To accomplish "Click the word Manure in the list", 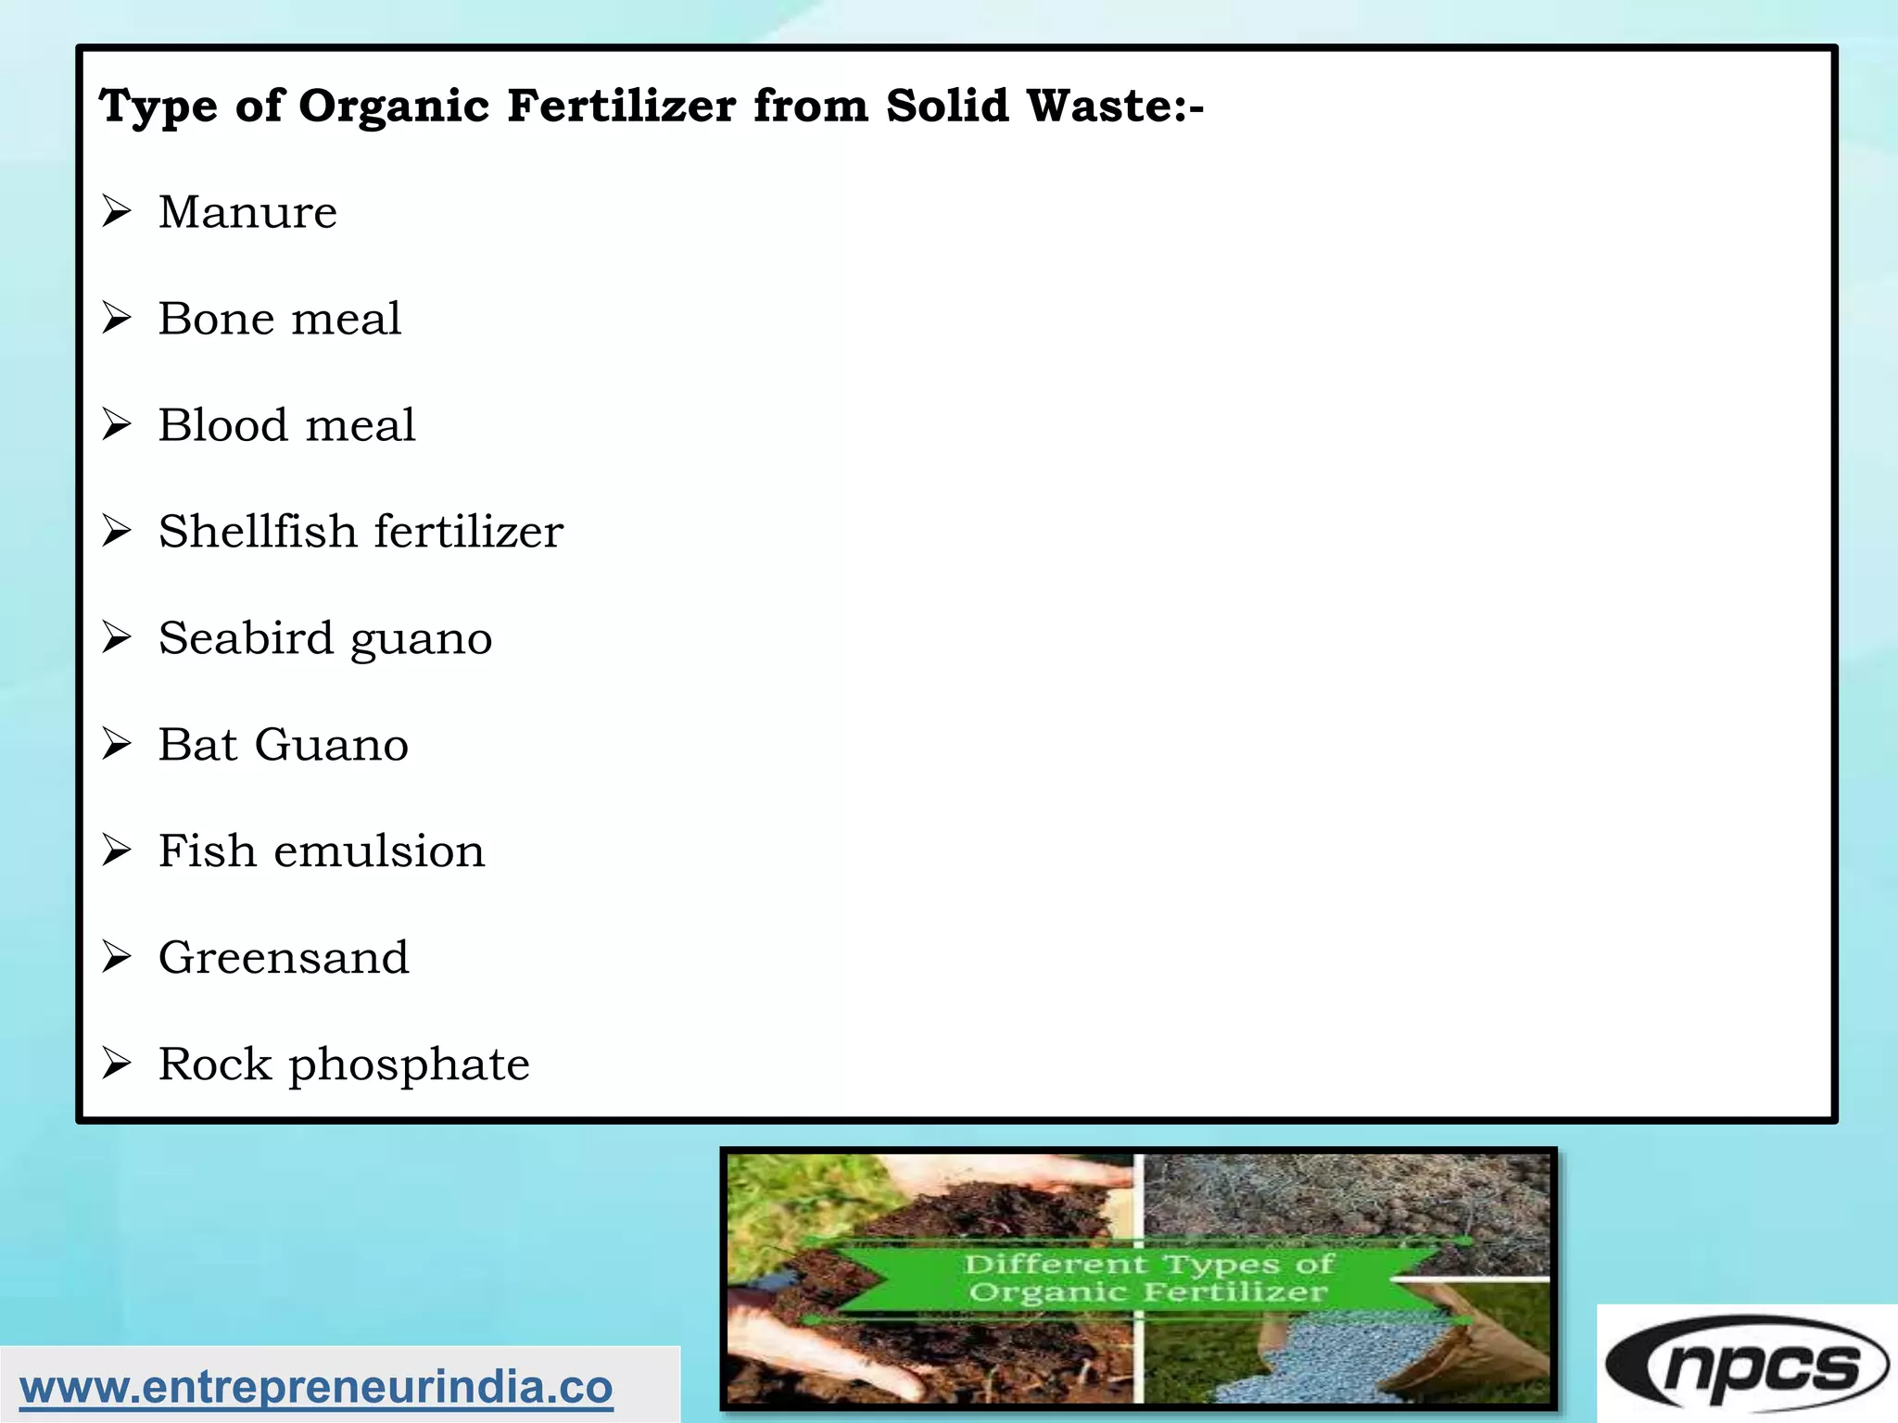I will (247, 212).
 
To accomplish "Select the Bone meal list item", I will (279, 319).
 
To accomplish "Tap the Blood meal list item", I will (286, 425).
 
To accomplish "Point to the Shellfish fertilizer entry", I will (361, 532).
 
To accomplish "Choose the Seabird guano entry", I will (324, 638).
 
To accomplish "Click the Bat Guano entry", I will (283, 745).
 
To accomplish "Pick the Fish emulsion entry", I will (321, 851).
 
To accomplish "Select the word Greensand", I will (283, 958).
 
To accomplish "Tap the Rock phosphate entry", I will (344, 1064).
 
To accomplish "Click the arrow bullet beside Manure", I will (117, 212).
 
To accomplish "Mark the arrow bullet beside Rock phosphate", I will (117, 1064).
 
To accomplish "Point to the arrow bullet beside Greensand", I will (117, 957).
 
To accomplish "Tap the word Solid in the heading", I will (946, 106).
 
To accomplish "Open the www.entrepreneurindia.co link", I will (316, 1388).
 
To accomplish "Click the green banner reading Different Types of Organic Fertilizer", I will (1147, 1278).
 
